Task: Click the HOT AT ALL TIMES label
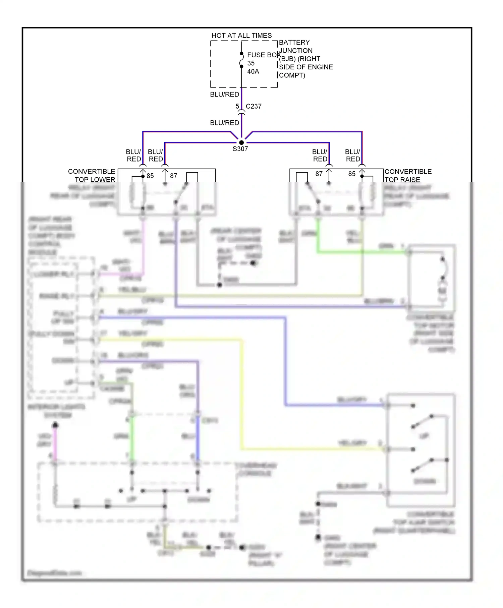click(x=241, y=36)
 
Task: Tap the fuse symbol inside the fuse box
click(x=241, y=60)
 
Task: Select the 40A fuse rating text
click(x=253, y=71)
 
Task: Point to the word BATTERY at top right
click(x=294, y=43)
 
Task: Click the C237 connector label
click(x=254, y=106)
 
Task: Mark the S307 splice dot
click(x=241, y=142)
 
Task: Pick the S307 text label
click(x=240, y=149)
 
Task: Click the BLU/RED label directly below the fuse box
click(x=224, y=95)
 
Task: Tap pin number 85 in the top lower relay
click(x=150, y=176)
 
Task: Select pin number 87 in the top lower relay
click(x=173, y=176)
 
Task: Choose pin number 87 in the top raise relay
click(x=319, y=174)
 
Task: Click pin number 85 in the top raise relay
click(x=352, y=174)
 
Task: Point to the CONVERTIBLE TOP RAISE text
click(x=408, y=176)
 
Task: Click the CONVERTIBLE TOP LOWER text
click(x=92, y=176)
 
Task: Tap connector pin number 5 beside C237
click(x=237, y=106)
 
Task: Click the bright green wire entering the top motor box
click(x=362, y=252)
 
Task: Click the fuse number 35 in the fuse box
click(x=251, y=63)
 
